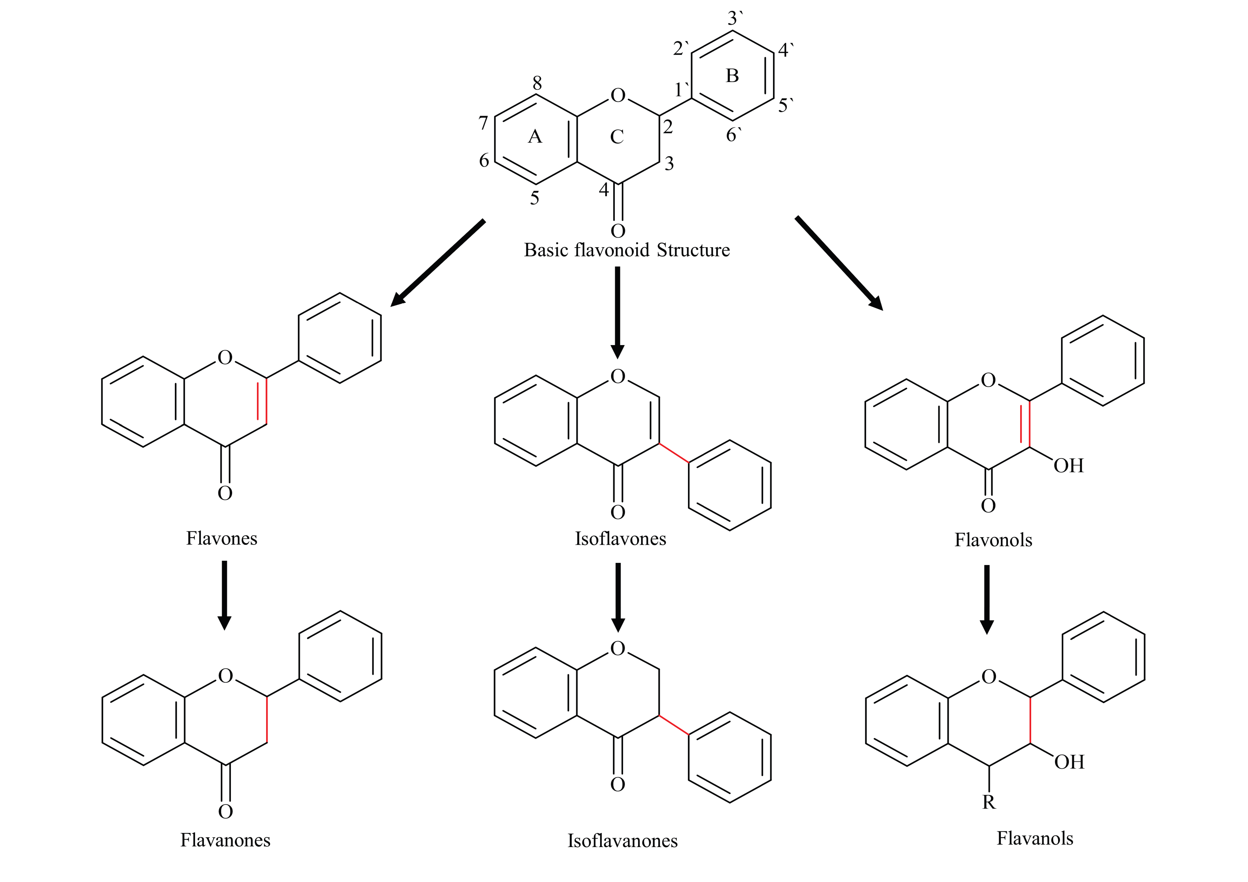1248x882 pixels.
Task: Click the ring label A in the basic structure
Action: click(535, 136)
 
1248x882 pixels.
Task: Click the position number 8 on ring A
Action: click(537, 83)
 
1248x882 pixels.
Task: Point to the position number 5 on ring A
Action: click(534, 198)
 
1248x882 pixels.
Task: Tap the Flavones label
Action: click(222, 539)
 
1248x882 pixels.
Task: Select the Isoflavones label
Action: click(620, 539)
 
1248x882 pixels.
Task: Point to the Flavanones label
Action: click(225, 840)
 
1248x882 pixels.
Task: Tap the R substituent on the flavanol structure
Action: click(989, 802)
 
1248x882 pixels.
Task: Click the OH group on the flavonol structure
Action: click(1068, 466)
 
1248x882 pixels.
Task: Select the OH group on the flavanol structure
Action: click(1069, 762)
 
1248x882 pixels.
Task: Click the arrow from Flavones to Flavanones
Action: click(224, 595)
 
